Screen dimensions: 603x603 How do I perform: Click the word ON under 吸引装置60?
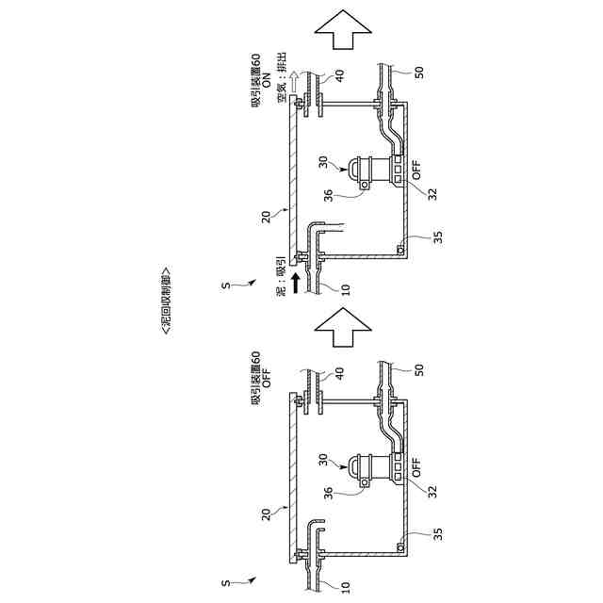coord(267,83)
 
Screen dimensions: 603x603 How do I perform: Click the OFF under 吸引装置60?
coord(267,381)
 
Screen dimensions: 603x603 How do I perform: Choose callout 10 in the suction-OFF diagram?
coord(345,585)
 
